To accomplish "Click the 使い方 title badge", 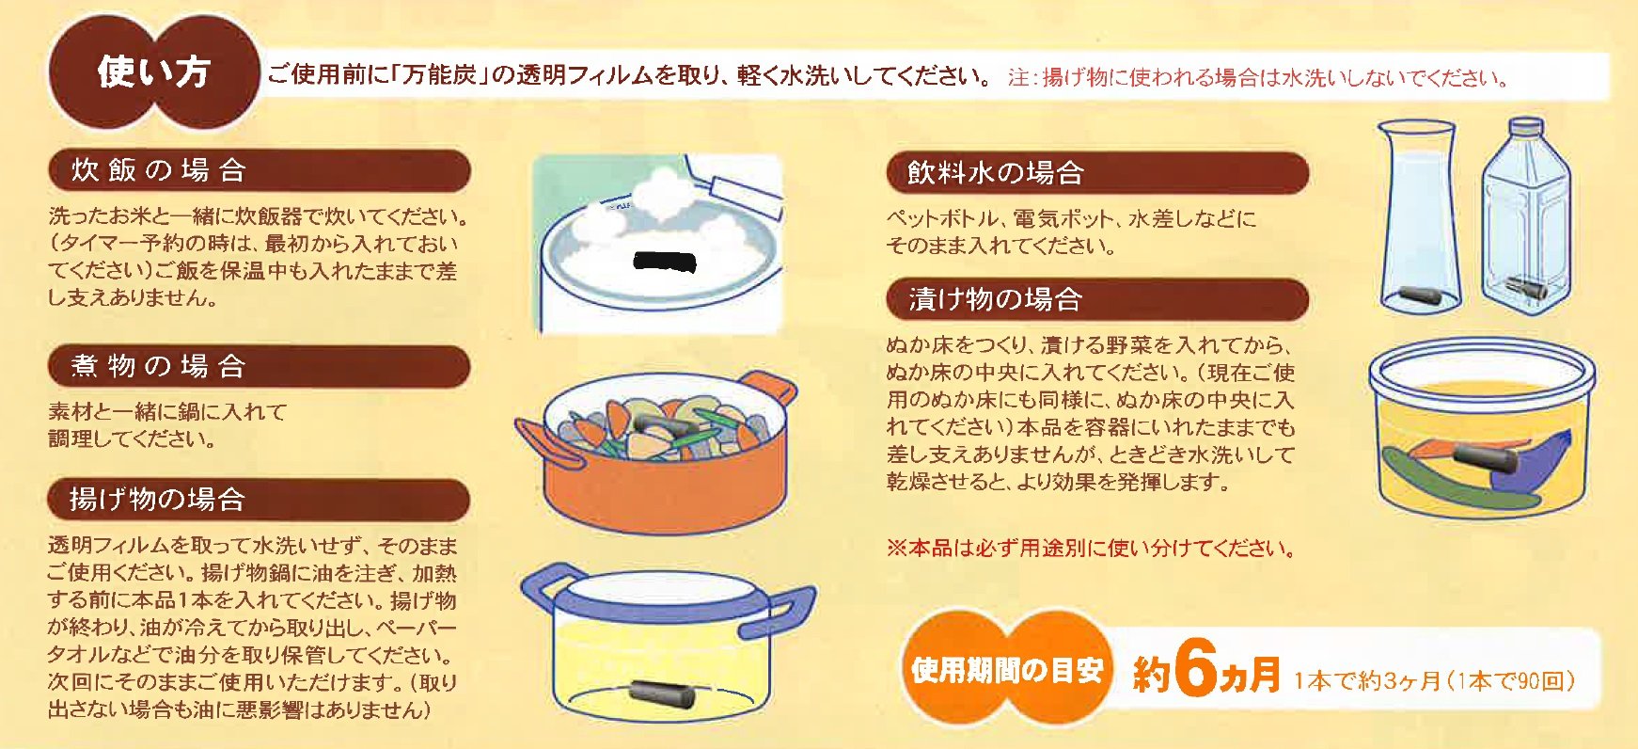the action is [x=153, y=72].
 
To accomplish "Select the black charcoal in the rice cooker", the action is [x=665, y=262].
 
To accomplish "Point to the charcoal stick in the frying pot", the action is [x=663, y=693].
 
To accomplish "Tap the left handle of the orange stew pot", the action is [x=543, y=443].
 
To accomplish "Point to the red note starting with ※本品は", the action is [x=1091, y=548].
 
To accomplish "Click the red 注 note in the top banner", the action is [x=1258, y=77].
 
